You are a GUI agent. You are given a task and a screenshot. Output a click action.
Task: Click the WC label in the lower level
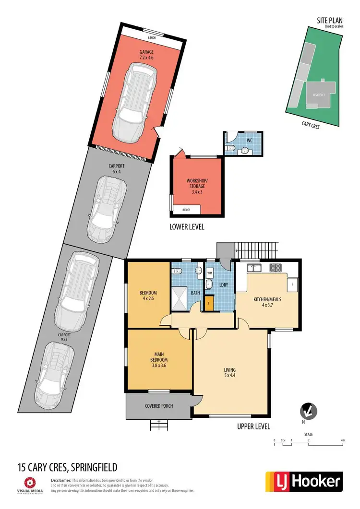tap(249, 141)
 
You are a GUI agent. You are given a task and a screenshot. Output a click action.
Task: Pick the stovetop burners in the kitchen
tap(276, 268)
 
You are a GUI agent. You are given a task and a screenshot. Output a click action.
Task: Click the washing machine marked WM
tap(210, 272)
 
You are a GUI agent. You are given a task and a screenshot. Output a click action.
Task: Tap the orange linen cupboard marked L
tap(209, 304)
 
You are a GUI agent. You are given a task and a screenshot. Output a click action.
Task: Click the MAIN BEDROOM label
tap(151, 359)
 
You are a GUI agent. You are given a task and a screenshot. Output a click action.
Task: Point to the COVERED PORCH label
tap(159, 406)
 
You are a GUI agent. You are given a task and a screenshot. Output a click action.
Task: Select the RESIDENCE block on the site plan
tap(318, 95)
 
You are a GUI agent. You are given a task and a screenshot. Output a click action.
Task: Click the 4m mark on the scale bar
tap(342, 440)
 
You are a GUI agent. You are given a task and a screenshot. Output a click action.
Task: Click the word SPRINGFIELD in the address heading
tap(92, 467)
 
